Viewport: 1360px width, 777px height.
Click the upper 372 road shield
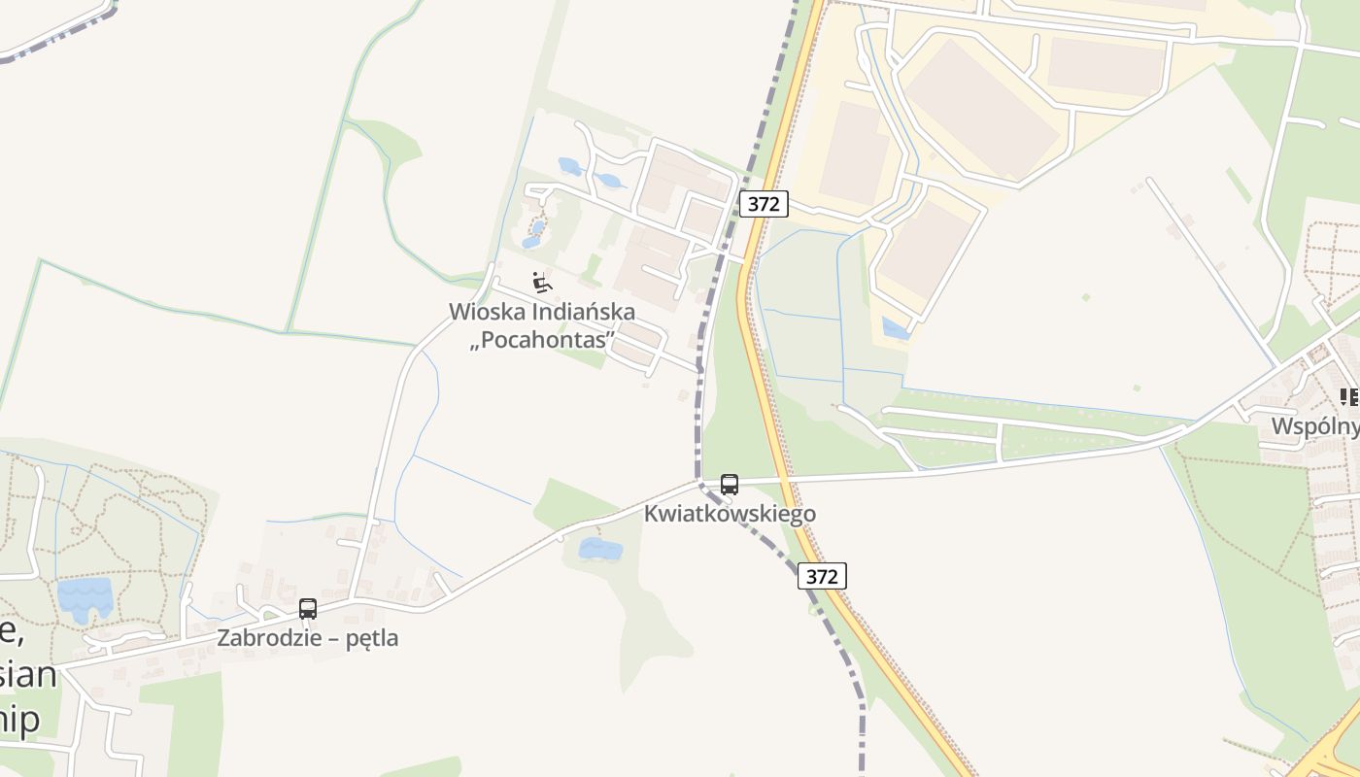click(x=764, y=204)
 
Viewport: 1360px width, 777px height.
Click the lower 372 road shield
click(x=822, y=576)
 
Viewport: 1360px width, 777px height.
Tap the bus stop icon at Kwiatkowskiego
click(x=730, y=484)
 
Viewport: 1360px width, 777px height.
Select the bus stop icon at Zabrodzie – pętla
click(x=308, y=609)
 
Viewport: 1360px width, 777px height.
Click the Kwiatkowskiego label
click(x=730, y=514)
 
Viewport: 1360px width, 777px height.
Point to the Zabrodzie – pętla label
click(x=308, y=638)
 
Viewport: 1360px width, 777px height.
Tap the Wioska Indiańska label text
click(x=542, y=312)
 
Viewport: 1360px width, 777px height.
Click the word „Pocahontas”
click(x=542, y=340)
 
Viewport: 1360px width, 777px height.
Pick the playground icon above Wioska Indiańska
click(x=542, y=283)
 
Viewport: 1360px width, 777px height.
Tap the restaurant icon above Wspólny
click(x=1349, y=396)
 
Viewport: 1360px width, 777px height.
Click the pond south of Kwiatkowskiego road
click(x=599, y=550)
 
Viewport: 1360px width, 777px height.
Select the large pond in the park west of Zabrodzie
click(x=85, y=596)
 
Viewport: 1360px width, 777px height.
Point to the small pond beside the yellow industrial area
click(x=896, y=329)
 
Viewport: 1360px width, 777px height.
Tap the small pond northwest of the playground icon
click(x=570, y=166)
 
